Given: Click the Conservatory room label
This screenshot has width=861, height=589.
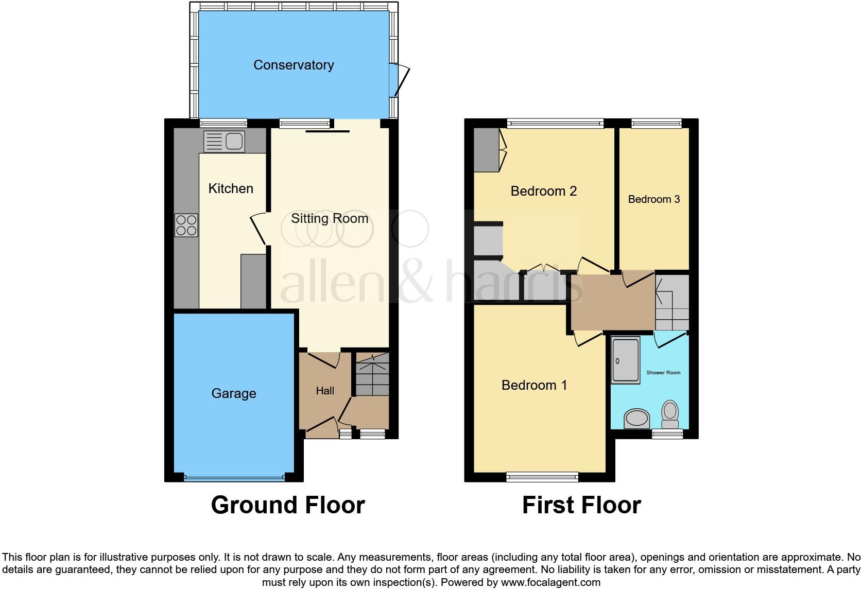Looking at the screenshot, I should pos(294,65).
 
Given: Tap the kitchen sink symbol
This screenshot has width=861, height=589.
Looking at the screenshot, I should pos(224,141).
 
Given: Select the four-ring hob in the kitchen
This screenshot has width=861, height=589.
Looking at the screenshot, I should pos(186,225).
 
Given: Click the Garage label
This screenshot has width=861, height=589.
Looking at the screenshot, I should pos(233,393).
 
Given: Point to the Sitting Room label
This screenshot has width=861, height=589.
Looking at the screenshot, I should pos(330,218).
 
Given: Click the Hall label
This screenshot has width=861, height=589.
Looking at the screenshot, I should pos(325,391).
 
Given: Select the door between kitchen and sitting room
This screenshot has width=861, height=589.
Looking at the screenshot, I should pos(259,229).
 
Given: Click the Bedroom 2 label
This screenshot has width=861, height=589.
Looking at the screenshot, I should pos(543,191).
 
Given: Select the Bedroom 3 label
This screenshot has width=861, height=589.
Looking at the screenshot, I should pos(653,199).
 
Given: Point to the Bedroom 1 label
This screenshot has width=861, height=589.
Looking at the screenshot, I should pos(534,385).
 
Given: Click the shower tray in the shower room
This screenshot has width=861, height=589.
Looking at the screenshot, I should pos(626,360).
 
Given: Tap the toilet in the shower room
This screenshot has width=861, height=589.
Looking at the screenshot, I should pos(670,414).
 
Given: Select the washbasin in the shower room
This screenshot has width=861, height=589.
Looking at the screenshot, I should pos(637,419).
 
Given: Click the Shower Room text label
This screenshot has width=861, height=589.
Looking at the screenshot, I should pos(663,372).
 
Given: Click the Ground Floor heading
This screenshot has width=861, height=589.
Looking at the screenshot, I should pos(288,505).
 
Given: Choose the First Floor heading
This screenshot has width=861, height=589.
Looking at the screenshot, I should pos(581,505).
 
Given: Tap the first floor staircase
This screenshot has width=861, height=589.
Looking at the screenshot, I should pos(672,303).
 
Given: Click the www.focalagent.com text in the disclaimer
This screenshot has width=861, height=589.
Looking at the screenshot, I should pos(550,582).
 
